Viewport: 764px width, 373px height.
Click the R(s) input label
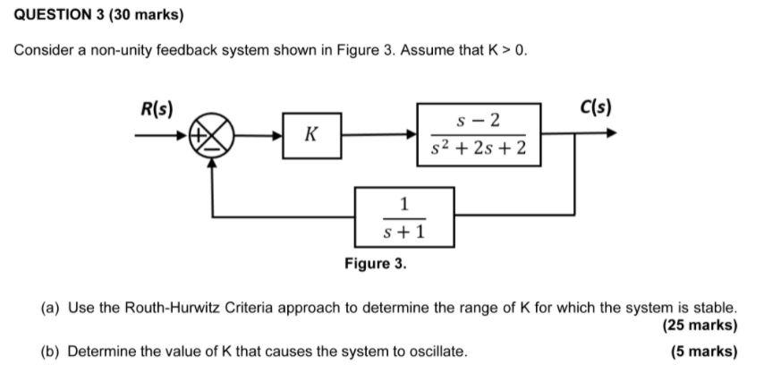(157, 107)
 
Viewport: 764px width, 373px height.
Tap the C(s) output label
(595, 107)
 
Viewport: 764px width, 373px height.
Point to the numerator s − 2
(478, 119)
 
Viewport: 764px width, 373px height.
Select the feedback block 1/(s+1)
(403, 217)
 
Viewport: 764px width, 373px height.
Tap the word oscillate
(435, 351)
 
